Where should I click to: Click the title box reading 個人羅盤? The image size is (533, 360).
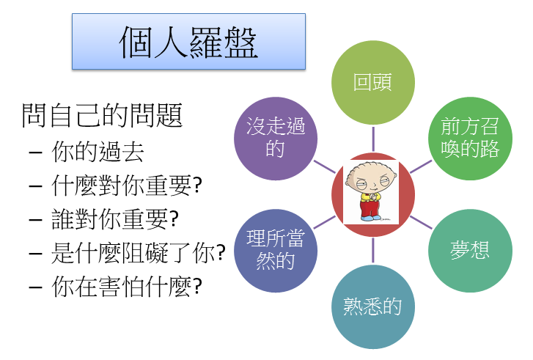(188, 42)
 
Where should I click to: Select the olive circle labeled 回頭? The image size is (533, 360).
(373, 82)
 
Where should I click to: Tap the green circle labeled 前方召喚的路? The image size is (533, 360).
(470, 139)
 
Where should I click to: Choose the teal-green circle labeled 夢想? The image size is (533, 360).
(470, 251)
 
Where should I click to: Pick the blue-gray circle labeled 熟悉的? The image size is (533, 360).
(373, 306)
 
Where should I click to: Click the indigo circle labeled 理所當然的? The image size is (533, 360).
(276, 251)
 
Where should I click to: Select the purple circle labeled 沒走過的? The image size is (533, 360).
(276, 139)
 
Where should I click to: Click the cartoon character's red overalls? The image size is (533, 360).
(370, 207)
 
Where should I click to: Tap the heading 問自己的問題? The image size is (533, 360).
(102, 116)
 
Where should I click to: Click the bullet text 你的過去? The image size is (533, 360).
(98, 152)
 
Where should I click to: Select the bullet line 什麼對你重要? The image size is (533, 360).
(127, 185)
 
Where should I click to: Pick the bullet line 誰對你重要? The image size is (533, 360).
(115, 219)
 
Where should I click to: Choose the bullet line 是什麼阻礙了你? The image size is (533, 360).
(139, 253)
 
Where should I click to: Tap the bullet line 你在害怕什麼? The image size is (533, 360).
(127, 287)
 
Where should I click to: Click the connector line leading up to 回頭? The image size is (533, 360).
(373, 139)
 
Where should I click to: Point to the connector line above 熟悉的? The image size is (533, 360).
(373, 250)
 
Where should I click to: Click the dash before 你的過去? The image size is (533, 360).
(36, 153)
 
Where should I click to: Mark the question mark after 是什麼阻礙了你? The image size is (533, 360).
(221, 252)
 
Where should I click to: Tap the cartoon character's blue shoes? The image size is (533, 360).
(371, 218)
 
